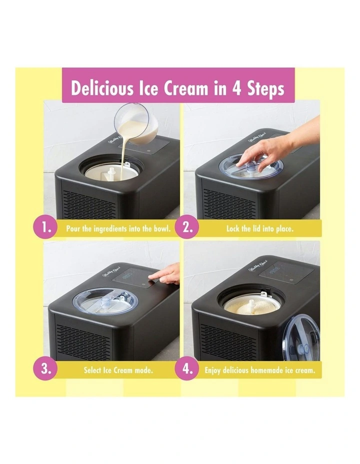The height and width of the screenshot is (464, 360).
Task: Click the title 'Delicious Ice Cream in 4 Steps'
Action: coord(177,88)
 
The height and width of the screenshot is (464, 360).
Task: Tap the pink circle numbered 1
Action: coord(47,228)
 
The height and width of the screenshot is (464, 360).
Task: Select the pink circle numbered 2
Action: coord(187,228)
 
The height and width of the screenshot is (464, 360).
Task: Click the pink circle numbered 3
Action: coord(47,370)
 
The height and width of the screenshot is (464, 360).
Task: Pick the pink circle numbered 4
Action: coord(187,370)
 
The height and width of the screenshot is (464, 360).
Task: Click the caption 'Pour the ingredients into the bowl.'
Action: coord(118,229)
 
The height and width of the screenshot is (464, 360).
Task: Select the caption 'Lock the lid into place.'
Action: coord(259,229)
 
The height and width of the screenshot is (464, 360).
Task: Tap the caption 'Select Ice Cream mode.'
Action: coord(118,371)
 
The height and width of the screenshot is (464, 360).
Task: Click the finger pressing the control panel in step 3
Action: coord(167,274)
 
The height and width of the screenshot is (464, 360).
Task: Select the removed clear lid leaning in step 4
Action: coord(300,345)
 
